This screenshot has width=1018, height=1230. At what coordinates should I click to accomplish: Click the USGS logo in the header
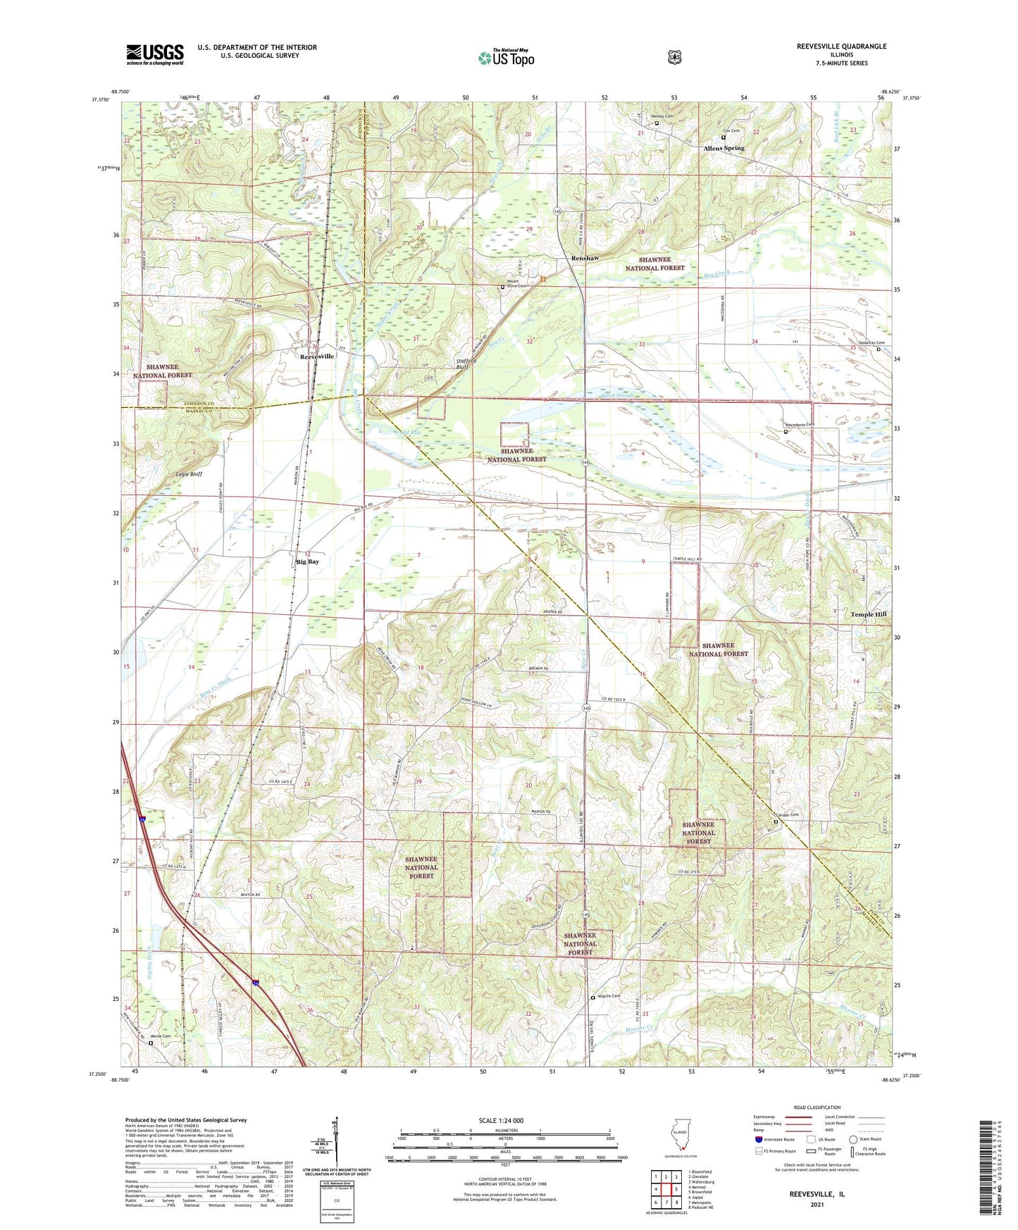click(155, 54)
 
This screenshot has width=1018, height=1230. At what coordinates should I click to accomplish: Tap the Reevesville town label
click(317, 356)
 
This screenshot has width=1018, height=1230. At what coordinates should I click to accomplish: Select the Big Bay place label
click(307, 562)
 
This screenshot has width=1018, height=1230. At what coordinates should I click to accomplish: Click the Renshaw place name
click(585, 259)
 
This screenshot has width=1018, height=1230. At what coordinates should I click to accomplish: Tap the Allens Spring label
click(724, 149)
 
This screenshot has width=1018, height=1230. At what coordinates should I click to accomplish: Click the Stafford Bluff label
click(466, 364)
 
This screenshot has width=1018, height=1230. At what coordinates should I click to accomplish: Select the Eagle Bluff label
click(189, 474)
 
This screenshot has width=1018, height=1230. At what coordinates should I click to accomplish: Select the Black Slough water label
click(617, 395)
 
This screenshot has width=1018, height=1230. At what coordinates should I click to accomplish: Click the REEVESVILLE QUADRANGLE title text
click(831, 46)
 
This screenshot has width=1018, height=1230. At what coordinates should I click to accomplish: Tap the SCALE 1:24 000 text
click(501, 1120)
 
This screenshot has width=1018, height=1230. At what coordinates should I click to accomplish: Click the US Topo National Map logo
click(506, 57)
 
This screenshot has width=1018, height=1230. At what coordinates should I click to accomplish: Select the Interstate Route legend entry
click(774, 1139)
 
